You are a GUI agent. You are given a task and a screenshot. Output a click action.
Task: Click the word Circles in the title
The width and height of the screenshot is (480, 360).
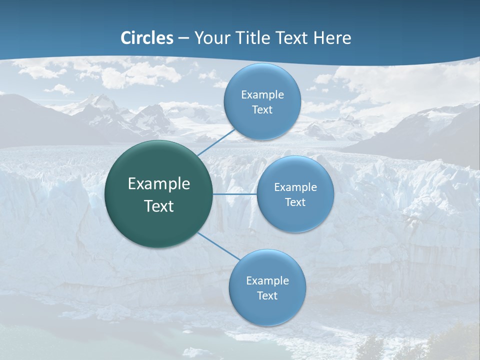pos(147,38)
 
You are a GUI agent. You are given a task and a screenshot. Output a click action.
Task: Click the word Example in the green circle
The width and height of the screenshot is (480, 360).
pos(159,184)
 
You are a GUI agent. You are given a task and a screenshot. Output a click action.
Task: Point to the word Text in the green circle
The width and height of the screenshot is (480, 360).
pos(159,206)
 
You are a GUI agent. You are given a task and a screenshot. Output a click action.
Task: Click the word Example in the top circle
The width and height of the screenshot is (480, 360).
pos(262,95)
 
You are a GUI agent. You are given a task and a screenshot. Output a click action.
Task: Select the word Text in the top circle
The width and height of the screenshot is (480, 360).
pos(262,110)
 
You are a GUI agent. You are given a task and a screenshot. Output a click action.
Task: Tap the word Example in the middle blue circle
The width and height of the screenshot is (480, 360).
pos(295,187)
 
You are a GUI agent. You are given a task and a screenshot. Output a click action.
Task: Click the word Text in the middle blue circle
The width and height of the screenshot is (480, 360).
pos(295,202)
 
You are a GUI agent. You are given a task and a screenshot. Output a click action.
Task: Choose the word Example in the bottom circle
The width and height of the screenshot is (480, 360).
pos(267,281)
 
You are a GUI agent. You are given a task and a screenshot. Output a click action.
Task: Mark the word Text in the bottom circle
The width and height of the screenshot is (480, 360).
pos(267,296)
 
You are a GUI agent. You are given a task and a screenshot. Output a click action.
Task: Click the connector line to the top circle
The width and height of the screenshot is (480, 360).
pos(216,142)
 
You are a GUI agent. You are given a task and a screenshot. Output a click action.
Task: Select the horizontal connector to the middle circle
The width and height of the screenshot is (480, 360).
pos(235,194)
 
